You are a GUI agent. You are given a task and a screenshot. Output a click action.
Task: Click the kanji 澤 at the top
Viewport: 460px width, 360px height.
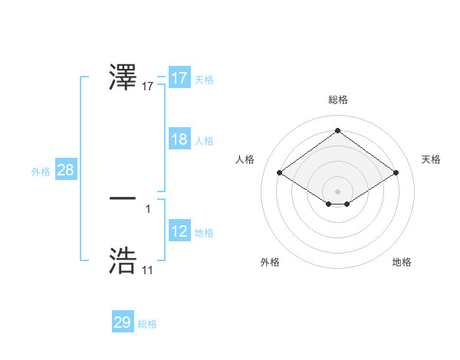click(123, 78)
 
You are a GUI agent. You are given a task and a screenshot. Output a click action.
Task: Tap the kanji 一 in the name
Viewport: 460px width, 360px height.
click(123, 198)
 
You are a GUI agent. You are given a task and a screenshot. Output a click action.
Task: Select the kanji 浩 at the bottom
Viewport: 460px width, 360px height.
click(123, 260)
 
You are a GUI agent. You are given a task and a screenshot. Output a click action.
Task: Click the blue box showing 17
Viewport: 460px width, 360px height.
click(179, 78)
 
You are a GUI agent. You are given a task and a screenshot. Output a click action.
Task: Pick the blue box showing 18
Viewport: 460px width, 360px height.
click(179, 139)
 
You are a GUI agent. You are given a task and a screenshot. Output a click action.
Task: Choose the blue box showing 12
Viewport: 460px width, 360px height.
click(179, 231)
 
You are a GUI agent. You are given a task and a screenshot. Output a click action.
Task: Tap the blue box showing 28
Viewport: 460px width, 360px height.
click(65, 170)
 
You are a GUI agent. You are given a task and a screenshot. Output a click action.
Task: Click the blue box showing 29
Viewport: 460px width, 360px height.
click(123, 322)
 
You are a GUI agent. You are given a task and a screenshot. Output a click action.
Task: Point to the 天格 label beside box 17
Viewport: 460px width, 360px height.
click(204, 80)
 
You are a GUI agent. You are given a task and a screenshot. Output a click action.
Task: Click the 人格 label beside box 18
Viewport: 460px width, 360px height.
click(204, 141)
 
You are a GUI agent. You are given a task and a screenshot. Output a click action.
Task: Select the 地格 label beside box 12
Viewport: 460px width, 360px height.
click(204, 233)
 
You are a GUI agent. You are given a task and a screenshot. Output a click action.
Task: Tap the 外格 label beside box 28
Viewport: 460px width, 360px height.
click(41, 172)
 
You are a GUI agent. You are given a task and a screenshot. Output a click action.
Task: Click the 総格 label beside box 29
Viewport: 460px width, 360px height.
click(147, 324)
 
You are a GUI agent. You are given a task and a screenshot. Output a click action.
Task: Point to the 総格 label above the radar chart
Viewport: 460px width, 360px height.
click(337, 100)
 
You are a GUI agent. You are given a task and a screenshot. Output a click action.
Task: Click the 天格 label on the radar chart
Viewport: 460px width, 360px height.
click(431, 159)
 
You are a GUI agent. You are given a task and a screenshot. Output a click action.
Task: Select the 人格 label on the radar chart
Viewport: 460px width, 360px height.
click(245, 159)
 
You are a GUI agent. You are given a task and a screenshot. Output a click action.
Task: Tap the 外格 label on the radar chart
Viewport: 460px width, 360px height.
click(270, 262)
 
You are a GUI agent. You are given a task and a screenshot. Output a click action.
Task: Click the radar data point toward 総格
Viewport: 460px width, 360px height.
click(337, 131)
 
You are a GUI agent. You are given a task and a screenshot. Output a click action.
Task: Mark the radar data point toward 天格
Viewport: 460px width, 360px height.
click(396, 173)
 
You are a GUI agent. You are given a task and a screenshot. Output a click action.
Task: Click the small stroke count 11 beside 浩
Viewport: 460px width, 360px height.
click(147, 270)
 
